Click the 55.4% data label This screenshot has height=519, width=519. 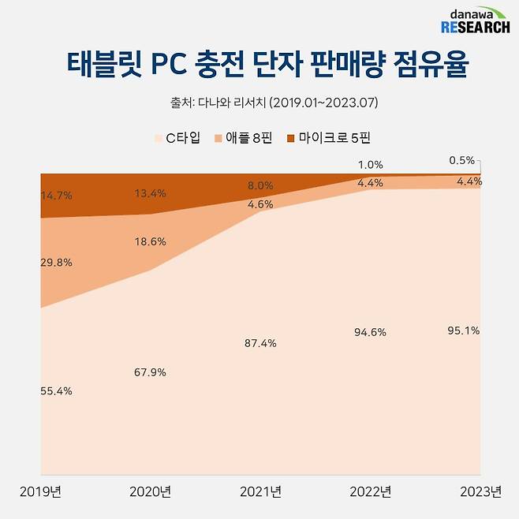pos(56,390)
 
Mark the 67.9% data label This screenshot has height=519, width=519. pos(150,372)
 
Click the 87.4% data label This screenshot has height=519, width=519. pos(260,343)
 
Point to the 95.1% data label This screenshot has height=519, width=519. pos(462,330)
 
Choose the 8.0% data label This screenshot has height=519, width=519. pos(260,186)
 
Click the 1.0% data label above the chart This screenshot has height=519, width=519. pos(370,165)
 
